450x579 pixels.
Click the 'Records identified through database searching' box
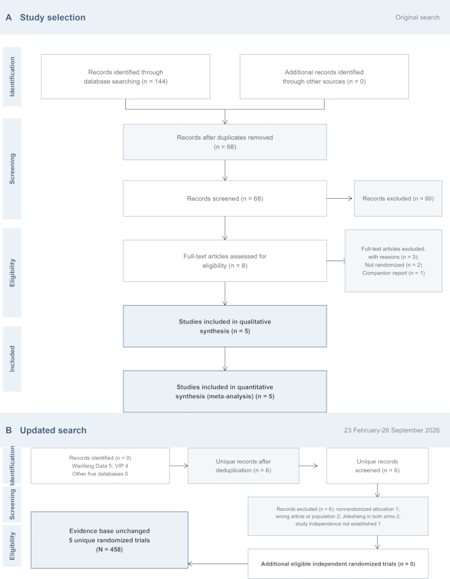(125, 77)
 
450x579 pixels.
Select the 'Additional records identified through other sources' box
(324, 77)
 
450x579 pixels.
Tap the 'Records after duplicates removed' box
(224, 142)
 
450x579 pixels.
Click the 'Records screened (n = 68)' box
(224, 198)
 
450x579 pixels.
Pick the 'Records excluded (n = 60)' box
(398, 198)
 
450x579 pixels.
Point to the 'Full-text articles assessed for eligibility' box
(224, 261)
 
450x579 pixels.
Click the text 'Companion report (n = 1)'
(393, 273)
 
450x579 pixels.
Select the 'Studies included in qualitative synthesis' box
(224, 326)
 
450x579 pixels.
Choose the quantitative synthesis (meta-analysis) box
(224, 391)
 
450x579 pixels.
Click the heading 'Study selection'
(52, 17)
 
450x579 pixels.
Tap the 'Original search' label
(417, 17)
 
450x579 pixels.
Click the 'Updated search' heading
(53, 430)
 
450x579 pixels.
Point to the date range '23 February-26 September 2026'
(392, 430)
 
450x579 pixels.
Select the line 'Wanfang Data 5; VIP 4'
(100, 466)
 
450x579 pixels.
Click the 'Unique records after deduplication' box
(244, 466)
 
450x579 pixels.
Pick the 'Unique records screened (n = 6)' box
(377, 466)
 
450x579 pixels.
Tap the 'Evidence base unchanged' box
(109, 540)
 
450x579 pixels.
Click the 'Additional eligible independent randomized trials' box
(338, 564)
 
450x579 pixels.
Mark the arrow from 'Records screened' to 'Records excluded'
(339, 198)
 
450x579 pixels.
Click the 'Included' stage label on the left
(12, 358)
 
